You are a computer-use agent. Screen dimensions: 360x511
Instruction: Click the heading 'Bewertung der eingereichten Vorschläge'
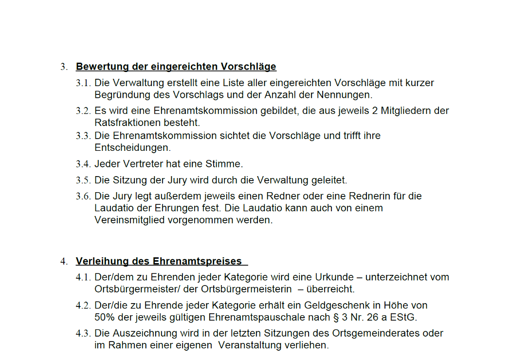[x=176, y=67]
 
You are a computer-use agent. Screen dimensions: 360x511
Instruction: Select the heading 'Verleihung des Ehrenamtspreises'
[x=159, y=261]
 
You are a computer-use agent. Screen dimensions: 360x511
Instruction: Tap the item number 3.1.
[x=83, y=83]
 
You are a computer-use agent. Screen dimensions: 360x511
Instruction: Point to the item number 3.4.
[x=83, y=164]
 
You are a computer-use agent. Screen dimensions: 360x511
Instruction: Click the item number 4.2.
[x=83, y=306]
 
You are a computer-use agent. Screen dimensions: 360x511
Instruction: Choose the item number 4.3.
[x=83, y=334]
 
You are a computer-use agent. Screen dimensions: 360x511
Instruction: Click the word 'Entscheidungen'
[x=132, y=147]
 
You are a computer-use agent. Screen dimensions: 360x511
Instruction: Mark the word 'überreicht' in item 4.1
[x=330, y=289]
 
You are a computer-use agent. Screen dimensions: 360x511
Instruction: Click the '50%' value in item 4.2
[x=104, y=317]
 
